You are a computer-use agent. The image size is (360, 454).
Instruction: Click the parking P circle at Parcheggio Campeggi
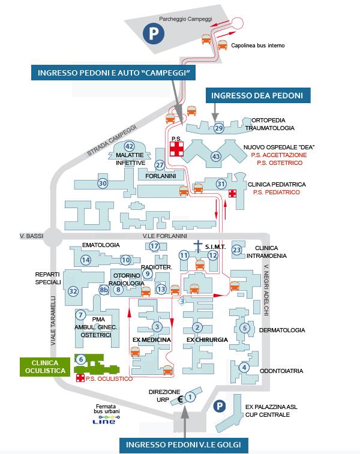[153, 33]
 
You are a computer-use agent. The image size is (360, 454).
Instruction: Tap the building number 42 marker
[129, 146]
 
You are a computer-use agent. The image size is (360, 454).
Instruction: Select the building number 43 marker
[216, 156]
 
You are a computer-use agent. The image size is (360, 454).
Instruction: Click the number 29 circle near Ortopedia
[218, 127]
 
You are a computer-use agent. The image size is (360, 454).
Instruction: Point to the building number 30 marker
[103, 183]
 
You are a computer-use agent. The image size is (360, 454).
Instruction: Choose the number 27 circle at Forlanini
[160, 165]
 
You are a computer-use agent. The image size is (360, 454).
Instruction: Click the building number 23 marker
[237, 249]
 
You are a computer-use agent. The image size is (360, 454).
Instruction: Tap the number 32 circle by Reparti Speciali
[73, 291]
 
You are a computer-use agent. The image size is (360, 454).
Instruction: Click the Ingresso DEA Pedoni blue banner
[259, 95]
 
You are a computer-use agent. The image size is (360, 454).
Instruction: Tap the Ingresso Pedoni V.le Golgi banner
[184, 444]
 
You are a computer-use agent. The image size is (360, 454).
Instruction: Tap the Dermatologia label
[278, 330]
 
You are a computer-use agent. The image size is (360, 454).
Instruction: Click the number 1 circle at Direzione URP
[190, 396]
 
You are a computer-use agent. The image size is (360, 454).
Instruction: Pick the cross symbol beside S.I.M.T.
[198, 245]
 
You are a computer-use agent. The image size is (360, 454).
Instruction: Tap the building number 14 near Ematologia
[86, 260]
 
